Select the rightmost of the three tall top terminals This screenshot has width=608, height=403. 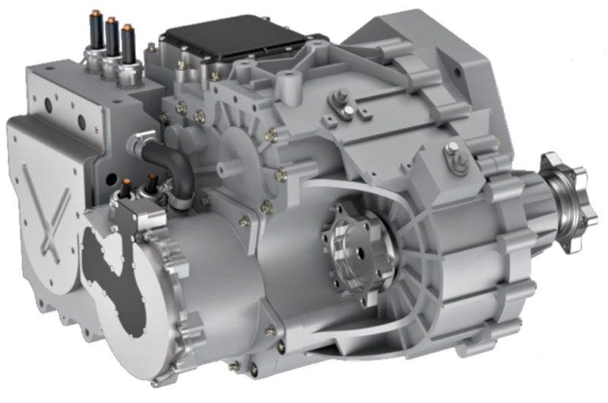pos(128,46)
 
